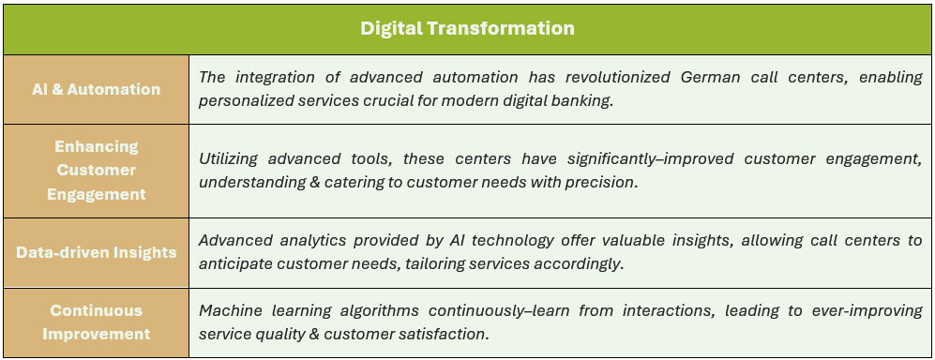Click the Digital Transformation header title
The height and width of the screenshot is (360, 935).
(x=467, y=28)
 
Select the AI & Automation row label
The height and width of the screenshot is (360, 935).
(x=96, y=89)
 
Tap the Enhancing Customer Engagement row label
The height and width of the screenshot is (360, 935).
(x=96, y=171)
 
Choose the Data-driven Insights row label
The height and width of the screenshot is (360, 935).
(x=96, y=252)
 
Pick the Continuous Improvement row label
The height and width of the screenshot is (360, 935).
(x=96, y=322)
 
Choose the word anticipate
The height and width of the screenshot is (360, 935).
(x=232, y=264)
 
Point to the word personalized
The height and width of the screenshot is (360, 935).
(x=238, y=101)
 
